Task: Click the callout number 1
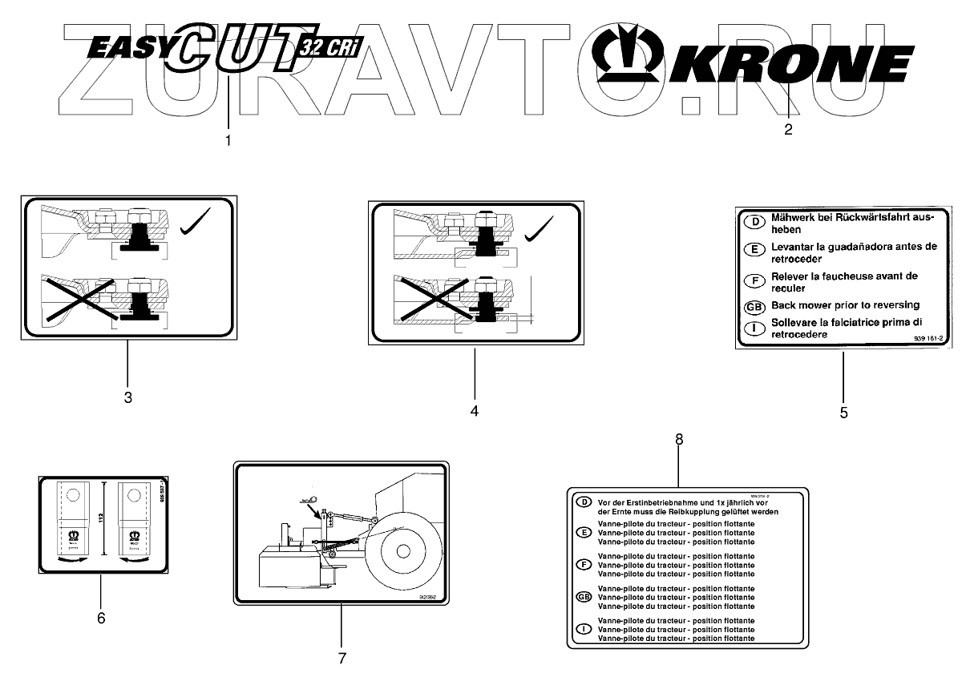click(x=228, y=140)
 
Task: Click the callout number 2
click(x=788, y=130)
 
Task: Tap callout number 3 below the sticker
click(x=127, y=397)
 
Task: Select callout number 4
click(x=475, y=410)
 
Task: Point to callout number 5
click(x=843, y=413)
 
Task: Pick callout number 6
click(x=101, y=618)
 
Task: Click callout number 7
click(x=342, y=658)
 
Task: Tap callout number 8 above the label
click(x=680, y=439)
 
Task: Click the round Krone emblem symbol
click(x=630, y=58)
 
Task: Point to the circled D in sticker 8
click(x=584, y=502)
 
